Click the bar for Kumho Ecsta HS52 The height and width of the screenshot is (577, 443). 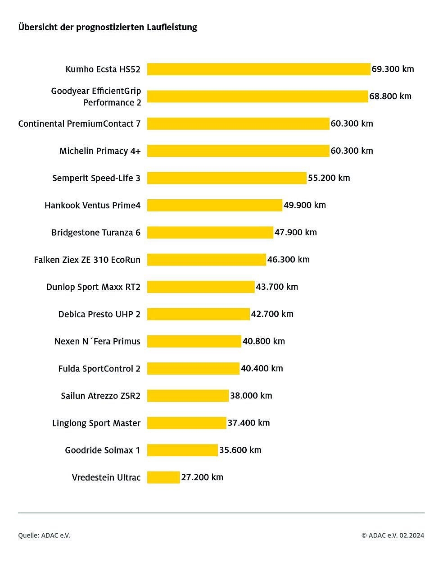[x=258, y=69]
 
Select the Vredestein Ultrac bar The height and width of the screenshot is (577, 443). [x=163, y=477]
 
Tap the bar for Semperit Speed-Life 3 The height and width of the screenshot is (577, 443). [x=226, y=178]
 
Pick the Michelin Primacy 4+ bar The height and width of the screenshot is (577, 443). [x=238, y=151]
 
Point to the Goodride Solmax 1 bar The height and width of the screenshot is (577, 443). [x=182, y=450]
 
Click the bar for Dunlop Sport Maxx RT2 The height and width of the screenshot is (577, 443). [x=201, y=287]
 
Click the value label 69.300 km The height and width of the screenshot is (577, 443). [x=393, y=69]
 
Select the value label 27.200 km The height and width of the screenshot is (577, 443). [x=202, y=477]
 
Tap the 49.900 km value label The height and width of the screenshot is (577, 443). [x=305, y=205]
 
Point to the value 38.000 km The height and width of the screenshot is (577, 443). [x=251, y=395]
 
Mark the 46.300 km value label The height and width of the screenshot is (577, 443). [x=289, y=259]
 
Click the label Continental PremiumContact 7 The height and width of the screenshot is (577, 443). [x=79, y=124]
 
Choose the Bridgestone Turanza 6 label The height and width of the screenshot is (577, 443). [x=96, y=233]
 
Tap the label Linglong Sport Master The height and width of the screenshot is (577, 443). [x=96, y=423]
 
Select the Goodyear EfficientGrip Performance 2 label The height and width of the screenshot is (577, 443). [x=96, y=96]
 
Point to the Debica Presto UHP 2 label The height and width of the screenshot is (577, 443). [x=99, y=314]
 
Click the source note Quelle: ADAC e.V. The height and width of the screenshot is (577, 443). [x=44, y=536]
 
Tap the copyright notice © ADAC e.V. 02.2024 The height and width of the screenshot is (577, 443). [x=393, y=536]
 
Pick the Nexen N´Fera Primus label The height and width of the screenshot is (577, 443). [x=97, y=341]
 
